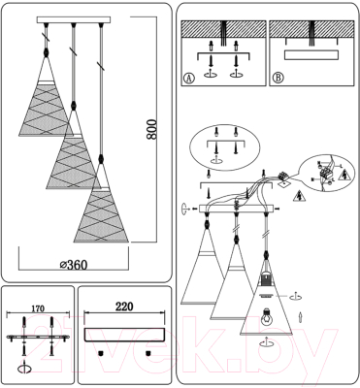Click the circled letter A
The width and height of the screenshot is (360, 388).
[x=188, y=79]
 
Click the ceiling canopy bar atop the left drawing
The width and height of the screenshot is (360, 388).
[x=74, y=20]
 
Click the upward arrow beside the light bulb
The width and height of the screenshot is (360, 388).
[x=300, y=317]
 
